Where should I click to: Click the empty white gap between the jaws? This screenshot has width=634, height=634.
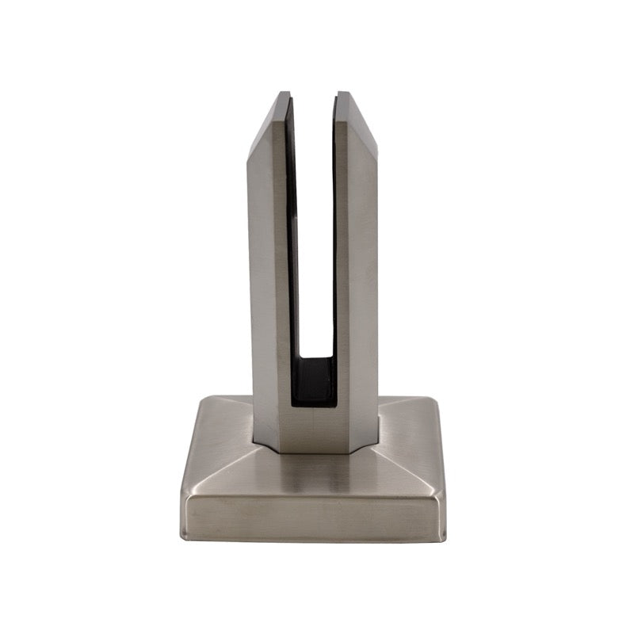[313, 238]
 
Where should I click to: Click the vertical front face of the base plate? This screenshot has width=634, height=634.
[313, 519]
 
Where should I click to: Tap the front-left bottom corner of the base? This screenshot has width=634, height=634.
[184, 536]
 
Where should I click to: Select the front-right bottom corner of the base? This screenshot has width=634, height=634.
[443, 536]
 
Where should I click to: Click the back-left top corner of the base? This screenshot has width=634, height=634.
[200, 398]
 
